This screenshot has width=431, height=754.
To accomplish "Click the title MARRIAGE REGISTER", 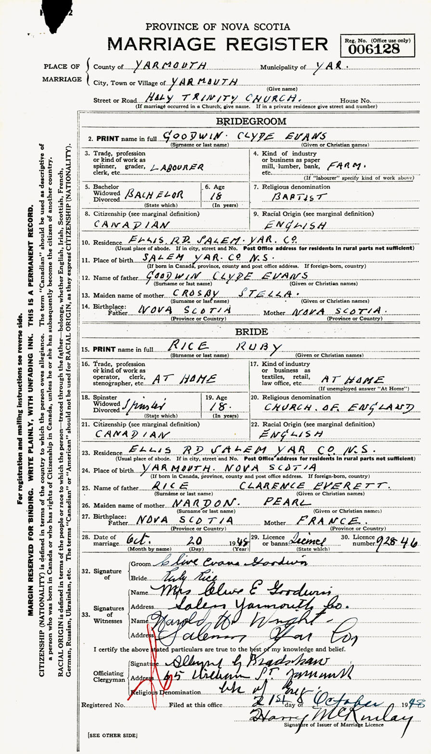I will click(218, 45).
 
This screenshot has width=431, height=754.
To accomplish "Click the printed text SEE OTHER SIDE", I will click(112, 735).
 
